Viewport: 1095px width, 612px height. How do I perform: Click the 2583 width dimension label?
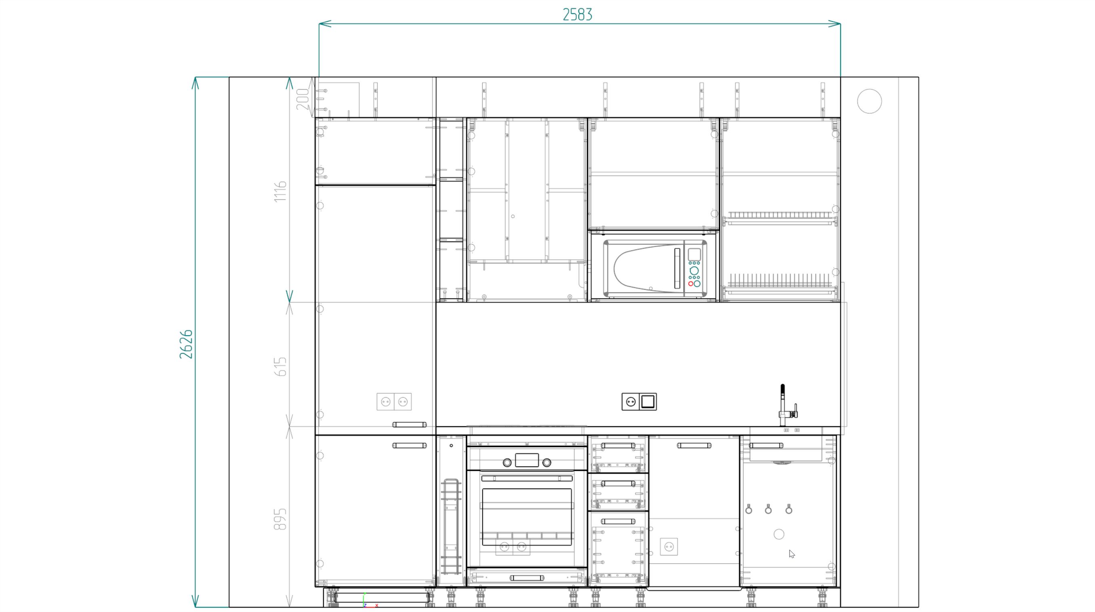[577, 15]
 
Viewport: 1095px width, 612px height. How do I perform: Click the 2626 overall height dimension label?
[186, 344]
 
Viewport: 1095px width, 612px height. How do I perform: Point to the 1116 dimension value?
[280, 191]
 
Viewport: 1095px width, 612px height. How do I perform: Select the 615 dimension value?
[280, 366]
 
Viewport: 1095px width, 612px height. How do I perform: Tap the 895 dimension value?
[280, 519]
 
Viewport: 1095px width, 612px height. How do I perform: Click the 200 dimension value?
[302, 99]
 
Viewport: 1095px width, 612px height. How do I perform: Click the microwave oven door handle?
[677, 268]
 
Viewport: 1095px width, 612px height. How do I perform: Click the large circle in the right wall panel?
[869, 101]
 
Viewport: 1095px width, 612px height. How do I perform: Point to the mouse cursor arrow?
[792, 554]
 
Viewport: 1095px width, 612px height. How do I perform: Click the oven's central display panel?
[526, 460]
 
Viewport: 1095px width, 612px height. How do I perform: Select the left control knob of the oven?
[507, 463]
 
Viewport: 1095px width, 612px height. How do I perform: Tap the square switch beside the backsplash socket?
[648, 401]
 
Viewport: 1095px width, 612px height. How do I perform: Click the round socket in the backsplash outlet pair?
[630, 401]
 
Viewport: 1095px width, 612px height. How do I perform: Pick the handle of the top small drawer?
[618, 446]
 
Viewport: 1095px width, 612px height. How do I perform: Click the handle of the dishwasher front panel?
[694, 446]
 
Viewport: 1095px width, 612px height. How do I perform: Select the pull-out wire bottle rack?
[451, 527]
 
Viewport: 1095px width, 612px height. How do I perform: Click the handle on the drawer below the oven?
[526, 578]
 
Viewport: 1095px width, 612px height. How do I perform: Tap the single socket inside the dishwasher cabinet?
[669, 547]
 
